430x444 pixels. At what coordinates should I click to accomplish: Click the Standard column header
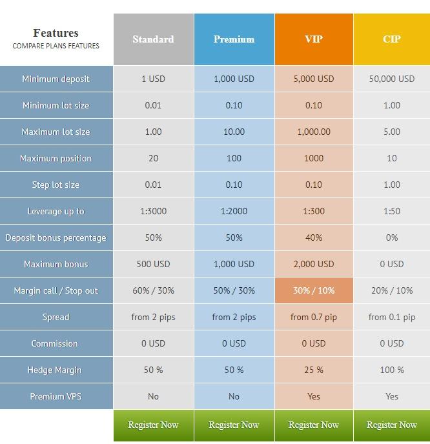[x=153, y=39]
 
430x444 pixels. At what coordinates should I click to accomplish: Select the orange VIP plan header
[x=314, y=39]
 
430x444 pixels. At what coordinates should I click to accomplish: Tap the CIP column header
[x=391, y=39]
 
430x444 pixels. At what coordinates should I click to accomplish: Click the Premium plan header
[x=234, y=39]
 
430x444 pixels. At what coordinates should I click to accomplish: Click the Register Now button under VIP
[x=314, y=425]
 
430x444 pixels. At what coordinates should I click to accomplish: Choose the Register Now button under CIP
[x=391, y=425]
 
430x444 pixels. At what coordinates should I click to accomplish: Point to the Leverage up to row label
[x=56, y=211]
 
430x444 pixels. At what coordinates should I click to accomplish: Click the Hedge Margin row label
[x=56, y=370]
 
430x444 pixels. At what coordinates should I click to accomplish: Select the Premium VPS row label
[x=56, y=396]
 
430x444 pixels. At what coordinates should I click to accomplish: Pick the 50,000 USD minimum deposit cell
[x=391, y=79]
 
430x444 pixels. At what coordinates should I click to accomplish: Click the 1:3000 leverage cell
[x=153, y=211]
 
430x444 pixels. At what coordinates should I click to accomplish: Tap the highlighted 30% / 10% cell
[x=314, y=290]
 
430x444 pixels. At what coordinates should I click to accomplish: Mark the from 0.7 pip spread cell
[x=314, y=317]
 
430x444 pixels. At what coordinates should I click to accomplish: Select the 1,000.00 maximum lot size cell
[x=314, y=132]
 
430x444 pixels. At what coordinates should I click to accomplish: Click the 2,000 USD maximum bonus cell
[x=314, y=264]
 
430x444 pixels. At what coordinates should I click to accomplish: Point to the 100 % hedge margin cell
[x=391, y=370]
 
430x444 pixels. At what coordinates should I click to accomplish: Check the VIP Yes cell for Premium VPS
[x=314, y=396]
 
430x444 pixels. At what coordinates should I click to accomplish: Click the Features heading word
[x=56, y=33]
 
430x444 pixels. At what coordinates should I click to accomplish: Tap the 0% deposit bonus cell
[x=391, y=237]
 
